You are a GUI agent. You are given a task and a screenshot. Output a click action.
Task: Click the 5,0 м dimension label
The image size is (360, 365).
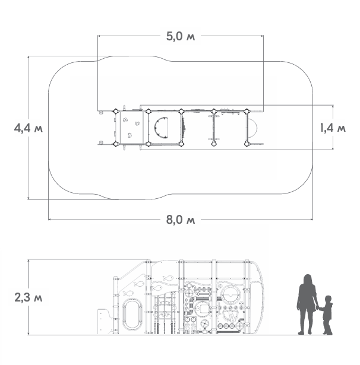tap(181, 37)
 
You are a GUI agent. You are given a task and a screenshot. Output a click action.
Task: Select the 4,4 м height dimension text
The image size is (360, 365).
tap(29, 128)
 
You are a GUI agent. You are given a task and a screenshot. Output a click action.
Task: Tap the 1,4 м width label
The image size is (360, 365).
tap(333, 128)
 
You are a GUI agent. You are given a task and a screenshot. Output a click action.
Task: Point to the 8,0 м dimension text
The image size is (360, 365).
tap(181, 220)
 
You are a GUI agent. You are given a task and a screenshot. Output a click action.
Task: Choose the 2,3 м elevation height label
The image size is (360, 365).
tap(29, 297)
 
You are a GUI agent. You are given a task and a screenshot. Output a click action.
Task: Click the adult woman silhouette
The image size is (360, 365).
tap(307, 304)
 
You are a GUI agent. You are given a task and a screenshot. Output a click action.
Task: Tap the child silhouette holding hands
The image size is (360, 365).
tap(327, 315)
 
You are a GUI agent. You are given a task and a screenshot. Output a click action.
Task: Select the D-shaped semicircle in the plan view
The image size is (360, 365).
tap(161, 128)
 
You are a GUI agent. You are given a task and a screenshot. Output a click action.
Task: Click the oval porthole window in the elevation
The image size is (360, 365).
tap(132, 314)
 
